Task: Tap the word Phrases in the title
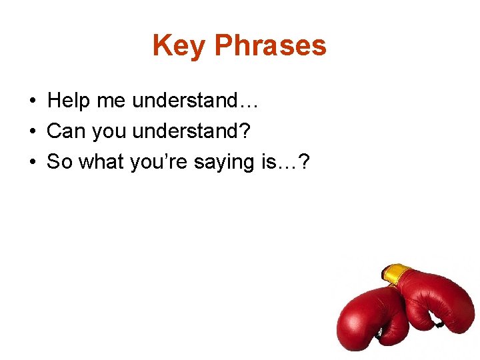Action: tap(271, 46)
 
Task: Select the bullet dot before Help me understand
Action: tap(32, 101)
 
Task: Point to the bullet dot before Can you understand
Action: tap(32, 132)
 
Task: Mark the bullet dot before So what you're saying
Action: tap(32, 163)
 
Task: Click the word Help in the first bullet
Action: tap(69, 101)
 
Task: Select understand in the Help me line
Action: tap(185, 101)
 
